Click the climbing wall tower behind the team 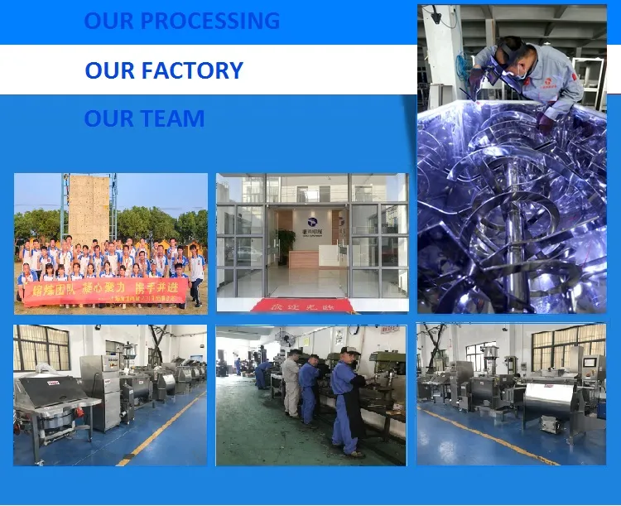coord(89,207)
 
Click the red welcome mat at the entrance coord(301,305)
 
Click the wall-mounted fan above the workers coord(286,340)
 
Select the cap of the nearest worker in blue coord(351,351)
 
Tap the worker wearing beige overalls coord(291,384)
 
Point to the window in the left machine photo coord(41,347)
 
